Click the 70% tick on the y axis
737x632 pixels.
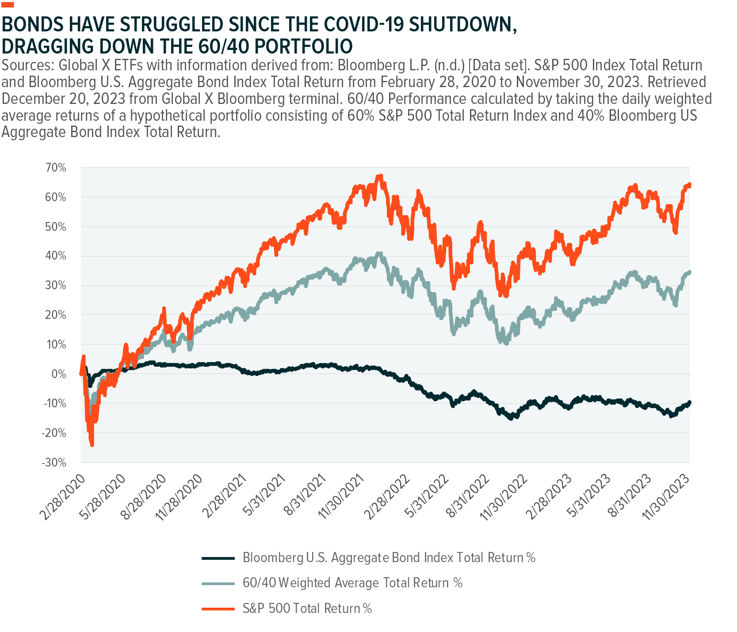tap(55, 168)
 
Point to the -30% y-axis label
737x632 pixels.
tap(54, 463)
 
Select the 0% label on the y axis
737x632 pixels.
tap(58, 374)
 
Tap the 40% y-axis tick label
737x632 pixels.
tap(55, 256)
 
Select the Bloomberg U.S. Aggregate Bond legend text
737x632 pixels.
tap(389, 558)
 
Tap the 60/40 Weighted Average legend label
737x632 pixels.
tap(352, 583)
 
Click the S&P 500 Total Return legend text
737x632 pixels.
tap(307, 609)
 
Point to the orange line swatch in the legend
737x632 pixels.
tap(218, 609)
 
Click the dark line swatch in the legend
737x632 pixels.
tap(218, 558)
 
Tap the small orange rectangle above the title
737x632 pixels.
tap(8, 4)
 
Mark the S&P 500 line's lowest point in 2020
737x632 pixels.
tap(92, 444)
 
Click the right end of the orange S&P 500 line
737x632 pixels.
tap(689, 185)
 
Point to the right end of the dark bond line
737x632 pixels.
tap(689, 402)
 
